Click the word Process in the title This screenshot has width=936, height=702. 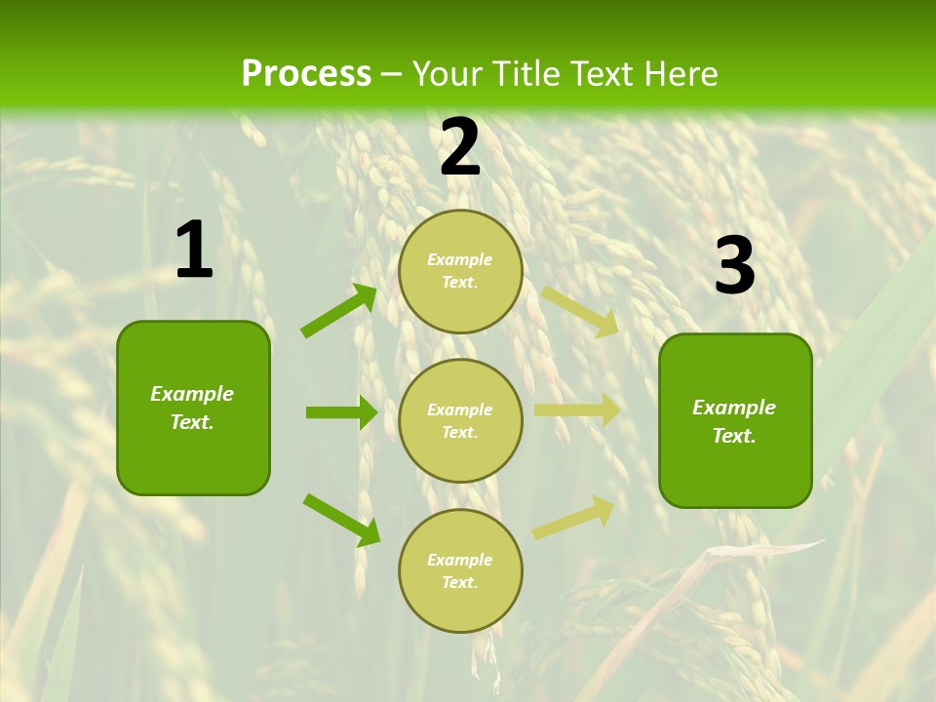[x=306, y=74]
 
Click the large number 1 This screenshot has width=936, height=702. [x=194, y=251]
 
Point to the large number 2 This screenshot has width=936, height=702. [x=460, y=147]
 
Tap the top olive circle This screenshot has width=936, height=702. [x=460, y=271]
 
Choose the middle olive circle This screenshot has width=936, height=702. [x=460, y=420]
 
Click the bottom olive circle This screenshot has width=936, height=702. [x=460, y=570]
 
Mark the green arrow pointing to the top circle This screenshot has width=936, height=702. [x=339, y=310]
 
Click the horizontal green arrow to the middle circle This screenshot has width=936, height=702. [x=341, y=412]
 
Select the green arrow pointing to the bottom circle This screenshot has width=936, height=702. [x=341, y=520]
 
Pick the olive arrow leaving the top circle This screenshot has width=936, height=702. [x=580, y=312]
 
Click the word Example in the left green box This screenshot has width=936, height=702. [x=192, y=394]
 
